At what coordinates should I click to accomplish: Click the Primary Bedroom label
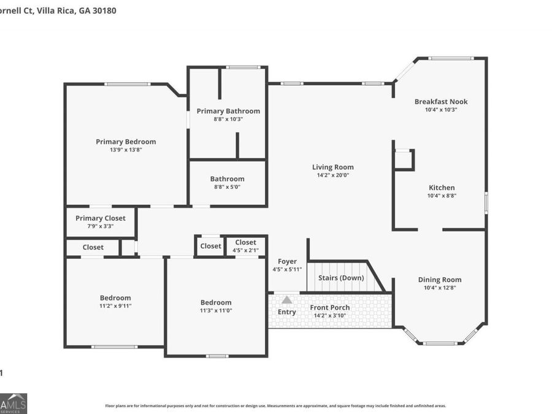[x=126, y=142]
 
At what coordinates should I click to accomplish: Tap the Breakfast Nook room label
[x=441, y=102]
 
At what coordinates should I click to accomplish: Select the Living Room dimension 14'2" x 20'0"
[x=332, y=175]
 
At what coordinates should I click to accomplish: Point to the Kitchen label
[x=442, y=188]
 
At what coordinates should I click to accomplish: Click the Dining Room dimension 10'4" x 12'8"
[x=440, y=288]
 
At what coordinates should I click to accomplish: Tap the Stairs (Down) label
[x=341, y=278]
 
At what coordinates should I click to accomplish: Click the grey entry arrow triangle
[x=287, y=300]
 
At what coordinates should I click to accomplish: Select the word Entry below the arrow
[x=287, y=312]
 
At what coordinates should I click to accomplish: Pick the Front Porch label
[x=330, y=307]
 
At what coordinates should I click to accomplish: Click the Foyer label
[x=287, y=261]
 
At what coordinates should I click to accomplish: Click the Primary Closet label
[x=101, y=218]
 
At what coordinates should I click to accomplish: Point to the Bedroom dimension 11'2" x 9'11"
[x=115, y=306]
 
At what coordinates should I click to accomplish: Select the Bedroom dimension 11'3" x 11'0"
[x=216, y=310]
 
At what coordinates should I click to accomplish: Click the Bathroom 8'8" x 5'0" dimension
[x=227, y=187]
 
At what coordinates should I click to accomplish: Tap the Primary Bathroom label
[x=228, y=111]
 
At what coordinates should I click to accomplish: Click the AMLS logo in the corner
[x=13, y=404]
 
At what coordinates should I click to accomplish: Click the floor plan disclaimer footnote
[x=275, y=405]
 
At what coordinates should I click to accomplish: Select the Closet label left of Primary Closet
[x=93, y=247]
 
